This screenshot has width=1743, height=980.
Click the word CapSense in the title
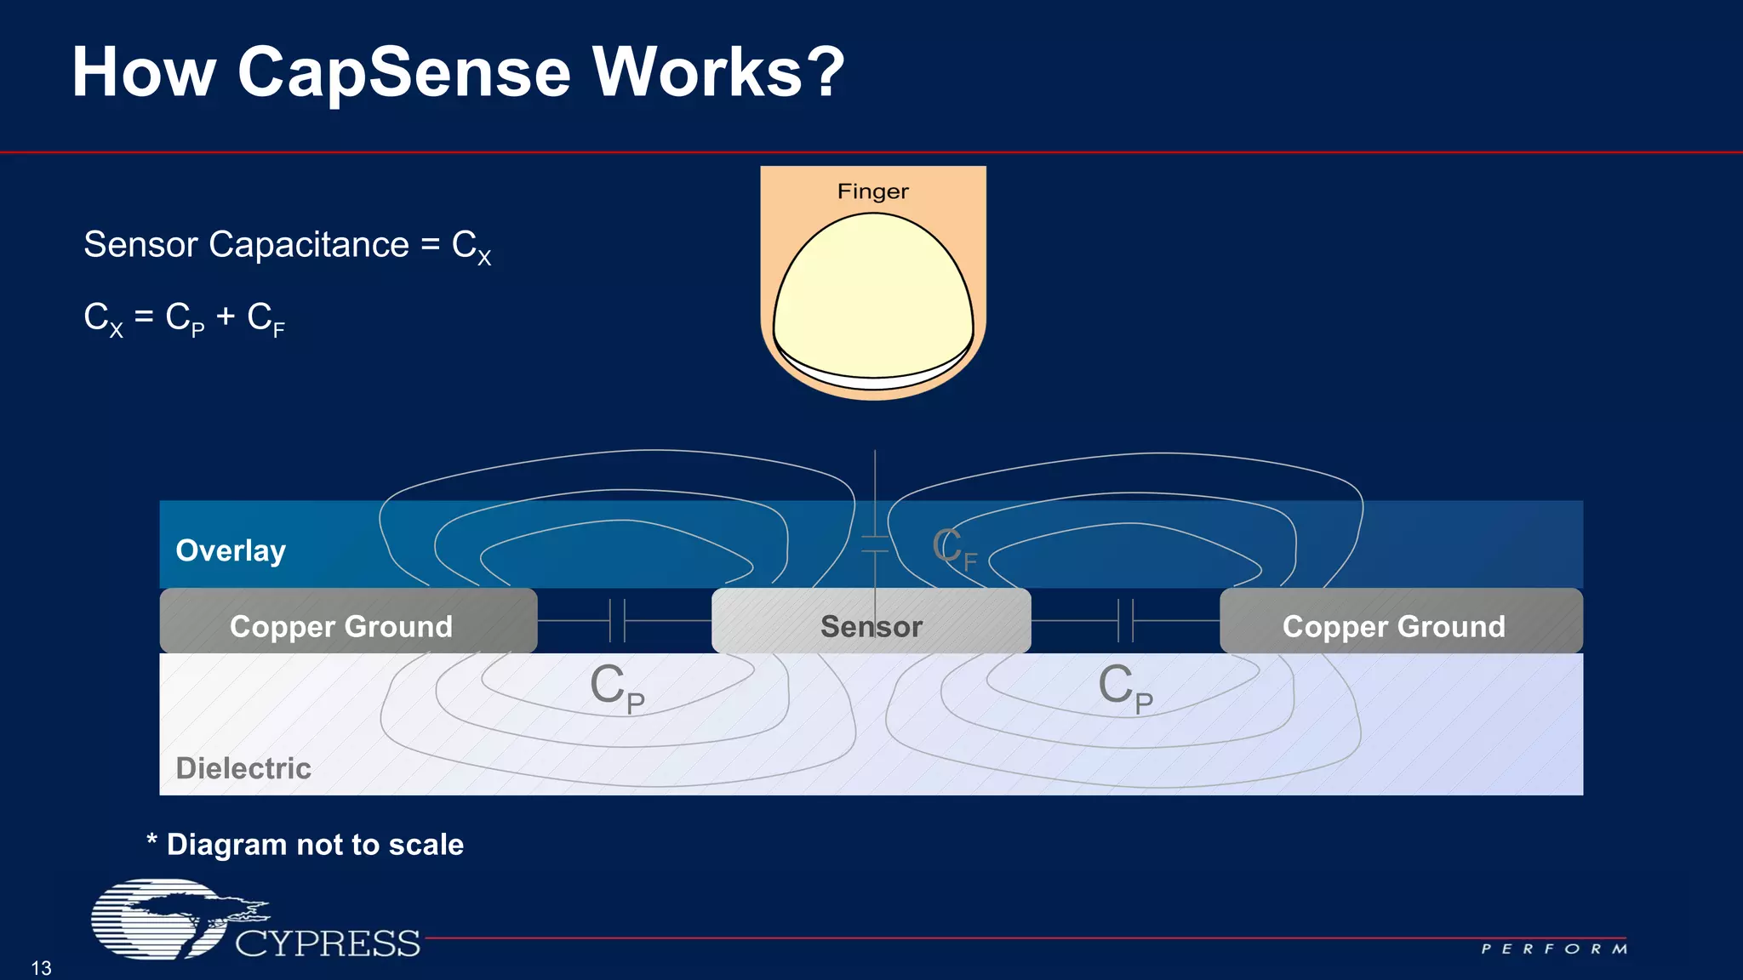(x=405, y=73)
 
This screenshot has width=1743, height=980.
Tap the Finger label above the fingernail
(x=872, y=191)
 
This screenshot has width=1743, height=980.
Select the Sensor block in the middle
(x=871, y=626)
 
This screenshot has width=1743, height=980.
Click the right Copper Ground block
(x=1394, y=626)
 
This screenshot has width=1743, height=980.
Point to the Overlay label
(x=231, y=550)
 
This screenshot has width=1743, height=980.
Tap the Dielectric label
(x=243, y=768)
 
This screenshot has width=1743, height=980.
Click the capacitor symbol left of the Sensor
(x=618, y=620)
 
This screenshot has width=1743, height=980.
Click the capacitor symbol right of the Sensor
(x=1125, y=620)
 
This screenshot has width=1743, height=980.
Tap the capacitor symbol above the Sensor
(x=875, y=544)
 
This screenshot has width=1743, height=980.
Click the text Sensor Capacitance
(x=246, y=245)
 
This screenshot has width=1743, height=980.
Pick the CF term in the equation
(x=266, y=319)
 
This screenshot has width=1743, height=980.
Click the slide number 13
(x=41, y=968)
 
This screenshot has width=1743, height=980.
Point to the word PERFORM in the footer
(x=1554, y=949)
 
